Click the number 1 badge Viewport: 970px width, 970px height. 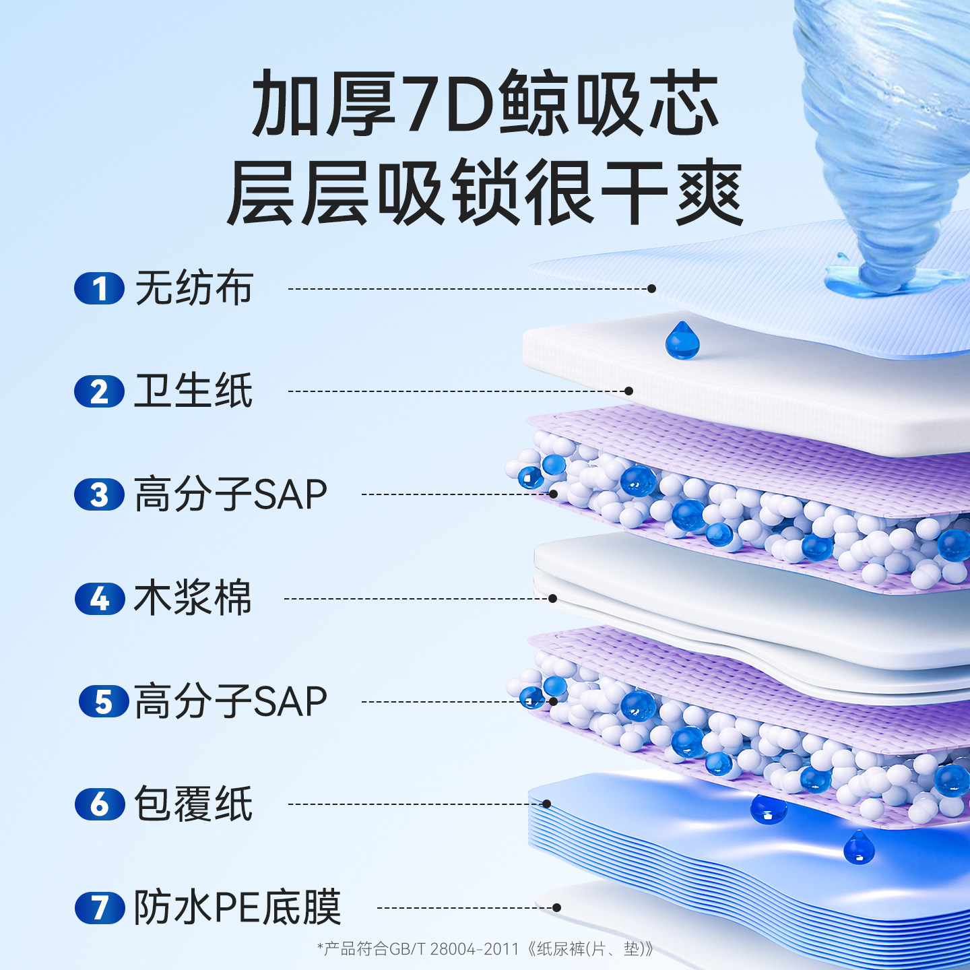pyautogui.click(x=99, y=289)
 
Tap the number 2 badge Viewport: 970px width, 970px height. pyautogui.click(x=99, y=391)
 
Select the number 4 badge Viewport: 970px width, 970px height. pyautogui.click(x=100, y=598)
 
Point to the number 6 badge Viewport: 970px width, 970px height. pyautogui.click(x=100, y=804)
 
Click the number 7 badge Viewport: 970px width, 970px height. pyautogui.click(x=100, y=907)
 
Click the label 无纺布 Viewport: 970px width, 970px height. pyautogui.click(x=194, y=288)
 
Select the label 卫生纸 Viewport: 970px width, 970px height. pyautogui.click(x=193, y=391)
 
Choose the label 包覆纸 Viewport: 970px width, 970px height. pyautogui.click(x=193, y=804)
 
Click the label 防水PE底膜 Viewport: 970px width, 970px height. pyautogui.click(x=237, y=907)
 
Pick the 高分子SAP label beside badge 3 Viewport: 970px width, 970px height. pyautogui.click(x=230, y=494)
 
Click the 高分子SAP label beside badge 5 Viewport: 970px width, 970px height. pyautogui.click(x=230, y=701)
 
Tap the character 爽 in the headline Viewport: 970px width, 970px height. pyautogui.click(x=709, y=193)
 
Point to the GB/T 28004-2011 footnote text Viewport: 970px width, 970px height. pyautogui.click(x=485, y=949)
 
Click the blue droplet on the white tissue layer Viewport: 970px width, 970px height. pyautogui.click(x=682, y=340)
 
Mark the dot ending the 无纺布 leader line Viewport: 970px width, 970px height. pyautogui.click(x=651, y=288)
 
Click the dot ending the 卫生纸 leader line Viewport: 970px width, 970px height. pyautogui.click(x=628, y=391)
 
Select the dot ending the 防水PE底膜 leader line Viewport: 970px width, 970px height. pyautogui.click(x=556, y=907)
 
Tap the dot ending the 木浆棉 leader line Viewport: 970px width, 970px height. pyautogui.click(x=552, y=598)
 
